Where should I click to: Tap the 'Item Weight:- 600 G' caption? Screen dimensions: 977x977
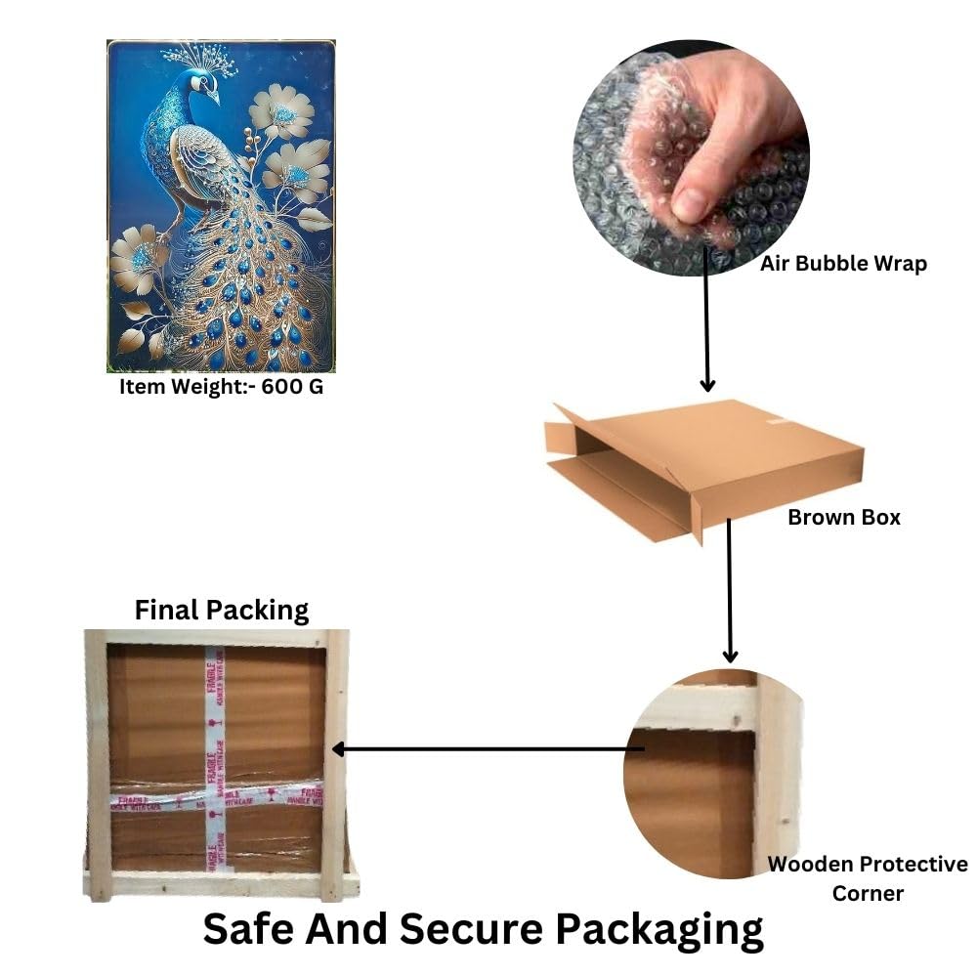221,386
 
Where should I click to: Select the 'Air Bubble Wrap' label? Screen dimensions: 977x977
843,263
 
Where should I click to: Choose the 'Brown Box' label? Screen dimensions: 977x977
844,517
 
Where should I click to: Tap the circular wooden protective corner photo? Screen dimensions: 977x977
714,773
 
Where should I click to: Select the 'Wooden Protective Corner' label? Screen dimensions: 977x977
867,878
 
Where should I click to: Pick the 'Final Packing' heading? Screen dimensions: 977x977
221,611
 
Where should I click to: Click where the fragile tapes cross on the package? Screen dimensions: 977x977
210,794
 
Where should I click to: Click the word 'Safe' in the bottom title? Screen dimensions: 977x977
249,928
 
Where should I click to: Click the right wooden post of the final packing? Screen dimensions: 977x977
336,762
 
